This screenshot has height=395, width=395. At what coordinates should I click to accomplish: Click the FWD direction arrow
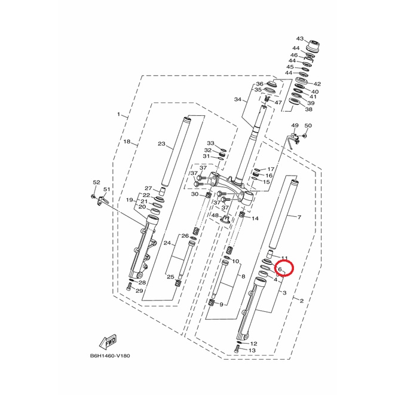[108, 342]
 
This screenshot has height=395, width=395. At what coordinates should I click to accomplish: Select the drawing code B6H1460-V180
[110, 356]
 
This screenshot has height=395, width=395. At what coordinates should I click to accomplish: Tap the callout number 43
[300, 38]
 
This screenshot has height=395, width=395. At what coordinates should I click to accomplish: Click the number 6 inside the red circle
[280, 269]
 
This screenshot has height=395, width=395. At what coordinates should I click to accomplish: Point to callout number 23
[161, 143]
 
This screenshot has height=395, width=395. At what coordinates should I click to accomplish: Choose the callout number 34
[238, 100]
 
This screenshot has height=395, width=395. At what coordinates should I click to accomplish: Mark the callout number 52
[96, 182]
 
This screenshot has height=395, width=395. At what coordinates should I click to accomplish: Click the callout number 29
[139, 291]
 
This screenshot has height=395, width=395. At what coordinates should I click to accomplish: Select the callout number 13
[252, 350]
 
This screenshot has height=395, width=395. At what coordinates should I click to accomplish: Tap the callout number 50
[308, 125]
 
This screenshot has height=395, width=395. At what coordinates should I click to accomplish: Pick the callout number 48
[215, 215]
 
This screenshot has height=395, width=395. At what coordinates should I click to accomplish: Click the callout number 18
[127, 142]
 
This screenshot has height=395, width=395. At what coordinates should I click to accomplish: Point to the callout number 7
[299, 217]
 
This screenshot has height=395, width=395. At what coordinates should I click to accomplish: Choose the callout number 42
[317, 84]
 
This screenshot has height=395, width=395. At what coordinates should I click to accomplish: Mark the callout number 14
[255, 218]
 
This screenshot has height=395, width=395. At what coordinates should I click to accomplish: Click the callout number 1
[119, 114]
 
